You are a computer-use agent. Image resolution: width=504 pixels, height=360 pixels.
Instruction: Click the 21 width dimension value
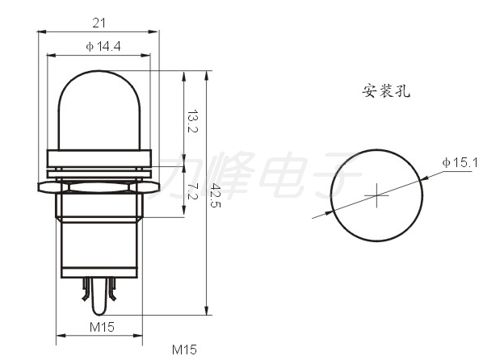[99, 23]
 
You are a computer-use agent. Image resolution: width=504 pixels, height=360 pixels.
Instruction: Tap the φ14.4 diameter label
[103, 46]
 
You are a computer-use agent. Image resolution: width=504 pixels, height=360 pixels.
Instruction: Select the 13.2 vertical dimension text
[192, 121]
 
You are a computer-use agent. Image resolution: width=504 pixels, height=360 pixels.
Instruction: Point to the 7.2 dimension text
[192, 191]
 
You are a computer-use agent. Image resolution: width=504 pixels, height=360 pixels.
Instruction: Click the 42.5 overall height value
[216, 195]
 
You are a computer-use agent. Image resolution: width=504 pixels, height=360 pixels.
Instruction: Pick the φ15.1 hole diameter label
[460, 162]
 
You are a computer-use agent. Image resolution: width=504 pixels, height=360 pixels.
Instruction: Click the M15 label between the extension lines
[102, 327]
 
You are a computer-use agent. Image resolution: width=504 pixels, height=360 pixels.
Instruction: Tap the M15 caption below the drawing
[184, 350]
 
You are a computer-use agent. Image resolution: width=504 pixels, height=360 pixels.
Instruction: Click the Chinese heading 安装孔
[386, 91]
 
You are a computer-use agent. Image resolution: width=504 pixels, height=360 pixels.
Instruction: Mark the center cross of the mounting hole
[376, 195]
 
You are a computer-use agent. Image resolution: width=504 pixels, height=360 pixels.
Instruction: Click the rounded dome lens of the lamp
[99, 109]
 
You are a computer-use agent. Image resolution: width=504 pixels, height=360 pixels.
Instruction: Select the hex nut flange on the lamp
[99, 187]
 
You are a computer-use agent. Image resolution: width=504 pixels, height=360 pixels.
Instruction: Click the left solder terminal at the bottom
[86, 289]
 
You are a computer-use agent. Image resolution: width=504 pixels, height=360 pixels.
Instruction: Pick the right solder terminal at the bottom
[111, 289]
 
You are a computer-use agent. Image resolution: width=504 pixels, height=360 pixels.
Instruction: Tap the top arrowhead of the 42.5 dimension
[207, 75]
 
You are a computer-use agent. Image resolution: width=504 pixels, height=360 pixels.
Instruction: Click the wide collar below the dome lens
[99, 158]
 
